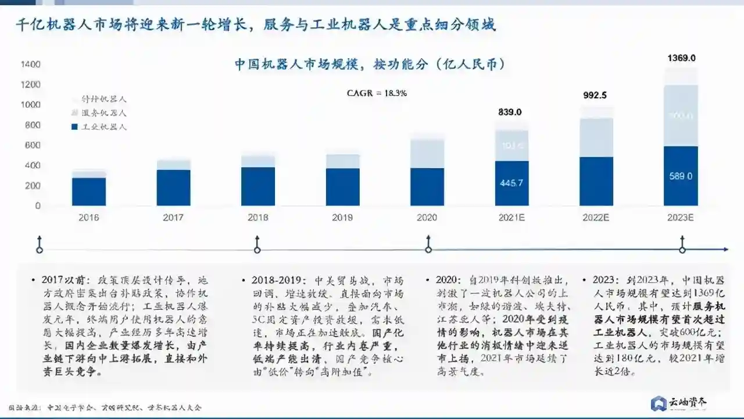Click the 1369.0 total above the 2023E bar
tap(681, 58)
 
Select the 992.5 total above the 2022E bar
tap(595, 95)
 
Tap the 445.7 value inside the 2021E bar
tap(512, 183)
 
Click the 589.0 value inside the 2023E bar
tap(681, 176)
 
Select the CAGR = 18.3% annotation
tap(377, 93)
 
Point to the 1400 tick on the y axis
tap(30, 64)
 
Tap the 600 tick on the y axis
tap(33, 145)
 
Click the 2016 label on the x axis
tap(88, 218)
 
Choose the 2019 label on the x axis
tap(342, 218)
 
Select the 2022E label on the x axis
tap(596, 218)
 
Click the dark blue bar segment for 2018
tap(257, 186)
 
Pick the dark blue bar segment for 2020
tap(427, 187)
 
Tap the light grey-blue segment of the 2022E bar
tap(596, 137)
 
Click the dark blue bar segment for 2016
tap(89, 191)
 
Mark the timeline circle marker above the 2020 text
tap(428, 250)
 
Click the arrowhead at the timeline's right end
tap(725, 250)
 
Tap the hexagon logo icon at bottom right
tap(659, 403)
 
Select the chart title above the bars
tap(370, 65)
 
